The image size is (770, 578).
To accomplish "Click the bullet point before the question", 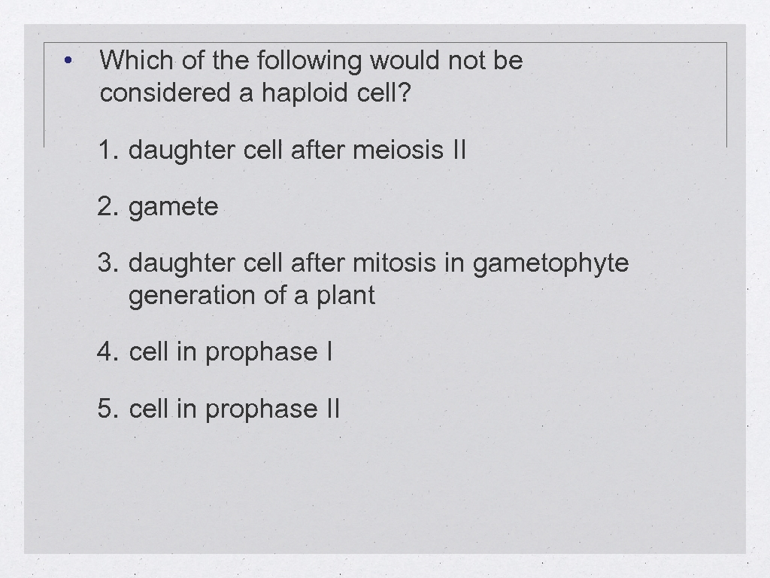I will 68,61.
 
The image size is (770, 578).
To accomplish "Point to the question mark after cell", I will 407,93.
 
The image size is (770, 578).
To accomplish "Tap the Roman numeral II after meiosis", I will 459,151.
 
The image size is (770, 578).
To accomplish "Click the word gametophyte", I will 550,264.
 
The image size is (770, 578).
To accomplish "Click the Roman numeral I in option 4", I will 329,352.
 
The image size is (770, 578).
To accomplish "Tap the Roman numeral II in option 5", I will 333,409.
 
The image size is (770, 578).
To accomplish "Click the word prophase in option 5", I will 261,409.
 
